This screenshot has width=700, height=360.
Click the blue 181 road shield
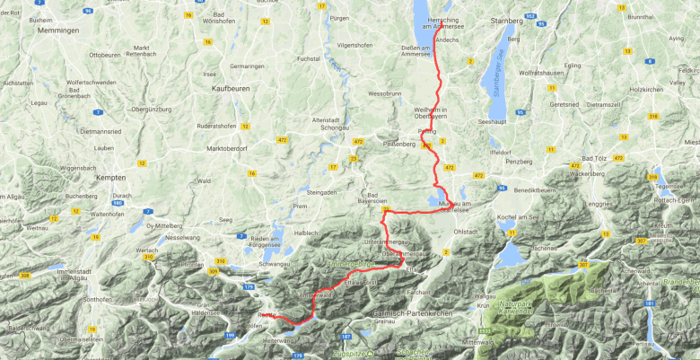pos(648,303)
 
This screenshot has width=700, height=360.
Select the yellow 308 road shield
pos(24,276)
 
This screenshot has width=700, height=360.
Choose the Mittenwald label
pos(479,344)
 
